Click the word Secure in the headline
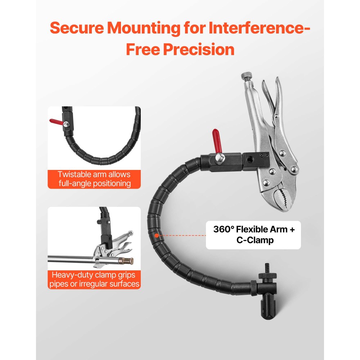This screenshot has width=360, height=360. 77,28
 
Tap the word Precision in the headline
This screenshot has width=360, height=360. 199,49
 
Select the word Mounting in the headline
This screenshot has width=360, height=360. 144,28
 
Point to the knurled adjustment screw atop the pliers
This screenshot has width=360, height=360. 247,76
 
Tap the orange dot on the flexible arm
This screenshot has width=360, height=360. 157,235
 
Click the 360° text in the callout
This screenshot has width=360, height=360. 223,229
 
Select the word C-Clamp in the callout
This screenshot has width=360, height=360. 255,240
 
